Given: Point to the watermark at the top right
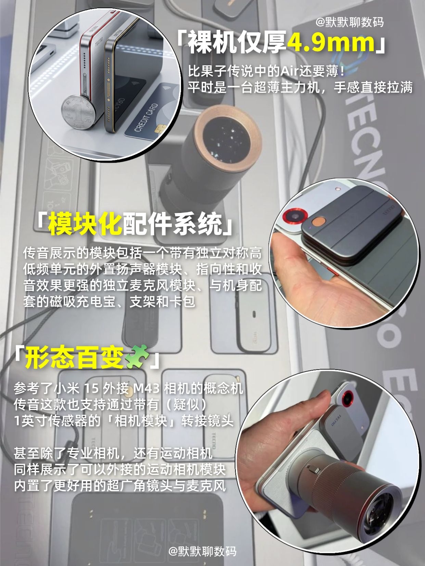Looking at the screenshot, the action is [x=349, y=23].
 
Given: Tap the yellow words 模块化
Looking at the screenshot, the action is [x=85, y=223].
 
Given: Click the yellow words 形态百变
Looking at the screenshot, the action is [x=74, y=357].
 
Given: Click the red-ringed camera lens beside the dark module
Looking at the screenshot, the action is [x=295, y=215].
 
